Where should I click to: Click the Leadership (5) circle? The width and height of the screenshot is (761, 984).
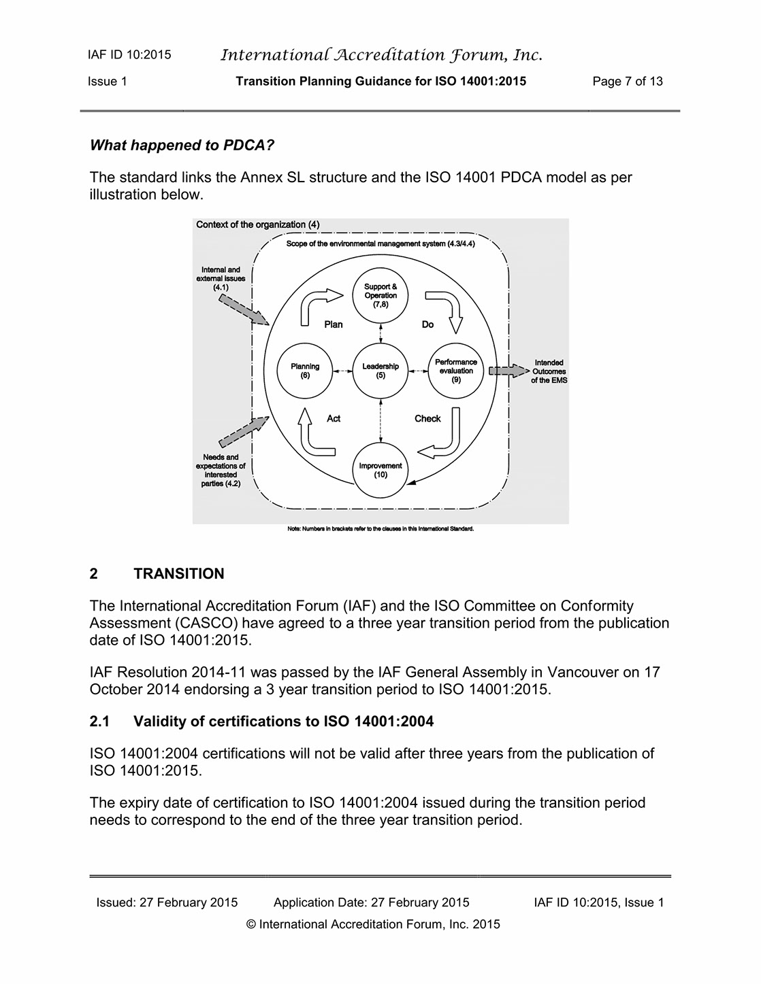tap(380, 371)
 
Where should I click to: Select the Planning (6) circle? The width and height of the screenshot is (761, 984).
tap(305, 371)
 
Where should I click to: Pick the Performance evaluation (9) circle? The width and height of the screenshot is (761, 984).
tap(456, 371)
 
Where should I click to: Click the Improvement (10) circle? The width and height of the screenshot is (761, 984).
tap(380, 469)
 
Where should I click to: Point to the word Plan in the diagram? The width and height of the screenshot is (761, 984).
tap(334, 324)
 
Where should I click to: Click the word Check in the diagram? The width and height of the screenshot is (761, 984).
tap(427, 418)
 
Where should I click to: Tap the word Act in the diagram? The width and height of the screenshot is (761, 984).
tap(334, 418)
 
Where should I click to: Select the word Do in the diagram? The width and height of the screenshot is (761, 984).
tap(427, 324)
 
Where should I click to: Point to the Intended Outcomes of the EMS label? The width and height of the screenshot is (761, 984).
tap(549, 371)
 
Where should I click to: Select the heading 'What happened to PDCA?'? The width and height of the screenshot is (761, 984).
tap(182, 145)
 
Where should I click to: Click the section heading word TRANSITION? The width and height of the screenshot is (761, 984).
tap(179, 573)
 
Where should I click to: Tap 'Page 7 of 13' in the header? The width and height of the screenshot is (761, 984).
tap(628, 82)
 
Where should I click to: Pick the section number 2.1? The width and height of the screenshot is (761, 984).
tap(99, 721)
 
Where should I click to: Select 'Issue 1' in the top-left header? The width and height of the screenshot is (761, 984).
tap(108, 82)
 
